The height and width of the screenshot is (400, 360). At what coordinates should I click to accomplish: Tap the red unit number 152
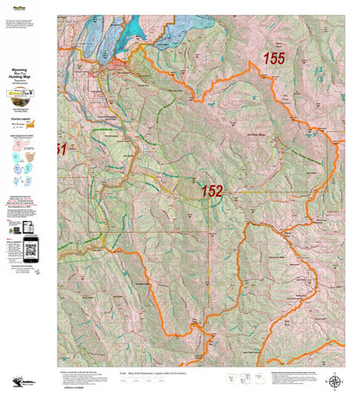(211, 191)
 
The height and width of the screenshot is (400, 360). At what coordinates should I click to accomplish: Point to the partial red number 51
(61, 149)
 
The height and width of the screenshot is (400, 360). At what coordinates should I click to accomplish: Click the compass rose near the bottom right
(337, 356)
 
